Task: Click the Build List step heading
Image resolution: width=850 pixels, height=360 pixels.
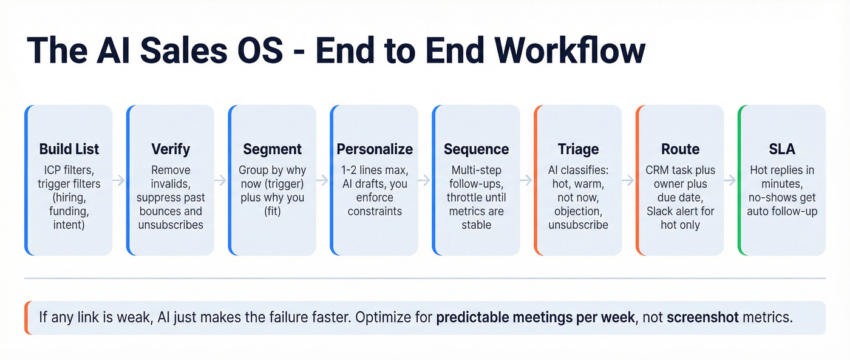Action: pyautogui.click(x=69, y=149)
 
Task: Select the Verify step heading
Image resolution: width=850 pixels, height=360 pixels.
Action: pyautogui.click(x=171, y=149)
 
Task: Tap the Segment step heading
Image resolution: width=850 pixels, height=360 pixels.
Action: pyautogui.click(x=273, y=149)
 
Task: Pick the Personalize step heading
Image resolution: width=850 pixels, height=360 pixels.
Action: pyautogui.click(x=375, y=149)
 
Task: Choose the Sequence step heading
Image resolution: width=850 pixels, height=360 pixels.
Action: pyautogui.click(x=477, y=149)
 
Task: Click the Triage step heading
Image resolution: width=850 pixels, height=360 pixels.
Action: pyautogui.click(x=578, y=149)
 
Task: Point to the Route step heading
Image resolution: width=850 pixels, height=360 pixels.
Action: pyautogui.click(x=680, y=149)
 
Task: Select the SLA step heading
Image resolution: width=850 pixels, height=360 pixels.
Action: pyautogui.click(x=782, y=149)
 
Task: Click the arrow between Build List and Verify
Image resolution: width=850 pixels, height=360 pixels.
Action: pyautogui.click(x=120, y=180)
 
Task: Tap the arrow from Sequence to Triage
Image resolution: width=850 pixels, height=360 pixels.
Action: pyautogui.click(x=527, y=180)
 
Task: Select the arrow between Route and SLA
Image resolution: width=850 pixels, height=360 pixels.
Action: pyautogui.click(x=731, y=180)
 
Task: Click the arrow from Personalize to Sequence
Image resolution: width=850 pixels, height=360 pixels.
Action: pyautogui.click(x=425, y=180)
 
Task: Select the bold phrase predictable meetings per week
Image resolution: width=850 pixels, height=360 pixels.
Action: pyautogui.click(x=535, y=318)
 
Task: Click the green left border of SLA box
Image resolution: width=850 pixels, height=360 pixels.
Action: pyautogui.click(x=739, y=180)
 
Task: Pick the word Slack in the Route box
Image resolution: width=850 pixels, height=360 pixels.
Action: pyautogui.click(x=660, y=211)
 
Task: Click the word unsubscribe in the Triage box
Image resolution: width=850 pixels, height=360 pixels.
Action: pyautogui.click(x=578, y=225)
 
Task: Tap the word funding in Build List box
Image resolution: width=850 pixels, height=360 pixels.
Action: pyautogui.click(x=69, y=211)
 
